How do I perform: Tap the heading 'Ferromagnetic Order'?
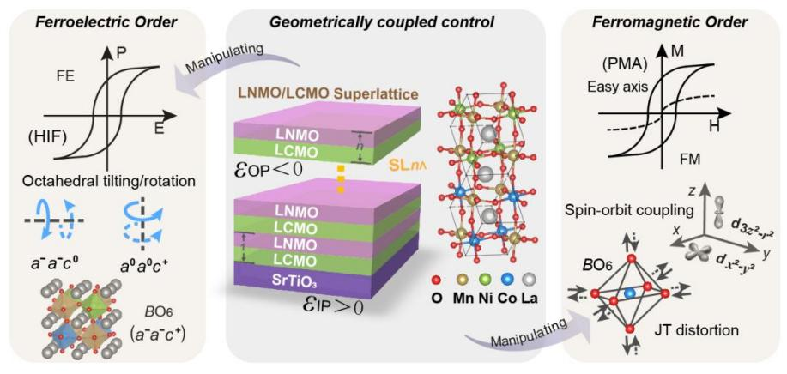point(672,15)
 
